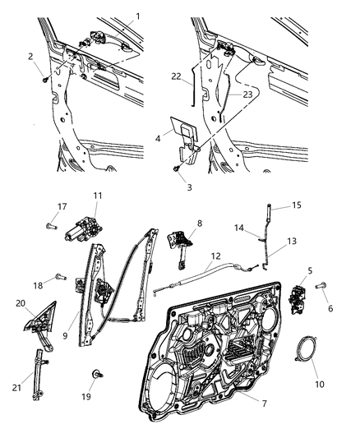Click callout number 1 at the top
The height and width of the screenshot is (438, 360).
(x=138, y=16)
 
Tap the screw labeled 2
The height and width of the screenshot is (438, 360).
(x=44, y=81)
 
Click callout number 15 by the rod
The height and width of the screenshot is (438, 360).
(x=275, y=207)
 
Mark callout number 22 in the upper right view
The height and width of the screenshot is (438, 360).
(x=175, y=76)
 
